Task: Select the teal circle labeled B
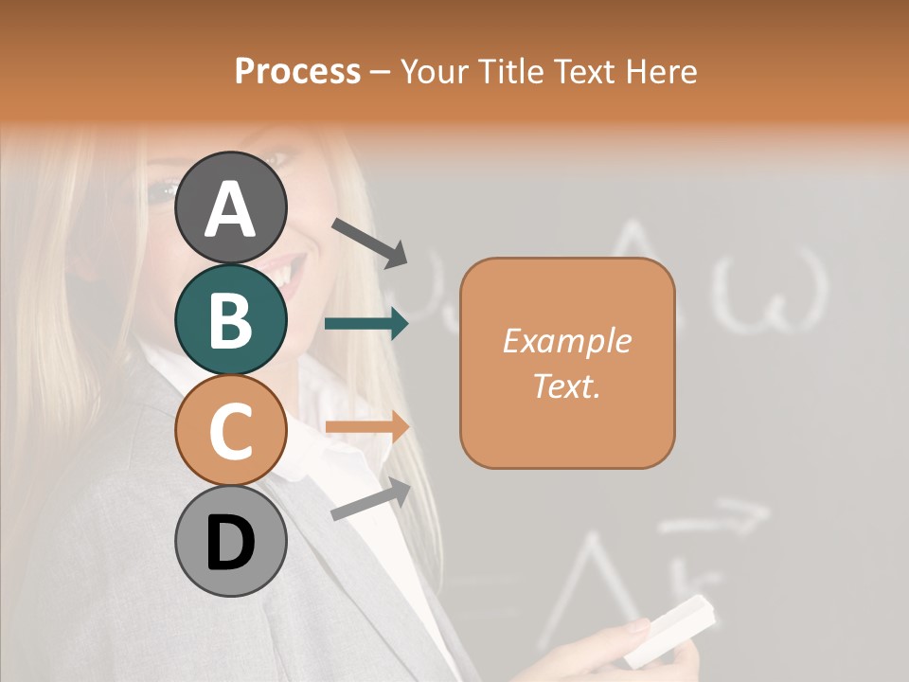(230, 319)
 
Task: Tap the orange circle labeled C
(230, 431)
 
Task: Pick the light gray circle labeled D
(230, 542)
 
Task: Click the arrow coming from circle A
(369, 242)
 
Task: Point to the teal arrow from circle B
(366, 324)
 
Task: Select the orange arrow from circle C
(366, 427)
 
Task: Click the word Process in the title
(297, 71)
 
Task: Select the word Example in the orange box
(566, 341)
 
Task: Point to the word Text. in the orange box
(566, 386)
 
